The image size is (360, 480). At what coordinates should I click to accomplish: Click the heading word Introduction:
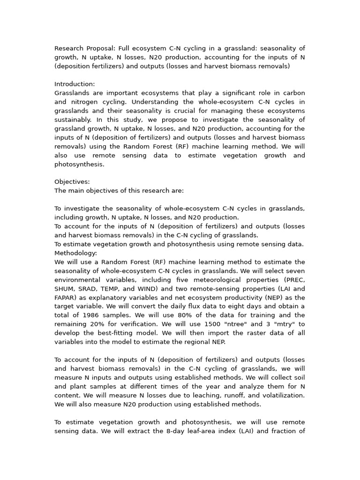pos(75,84)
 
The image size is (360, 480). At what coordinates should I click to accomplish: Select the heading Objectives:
pos(72,182)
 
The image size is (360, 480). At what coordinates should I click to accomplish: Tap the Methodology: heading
pos(76,253)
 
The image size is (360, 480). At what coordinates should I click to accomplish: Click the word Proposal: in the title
pos(100,48)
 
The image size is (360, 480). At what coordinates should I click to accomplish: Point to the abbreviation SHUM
pos(65,289)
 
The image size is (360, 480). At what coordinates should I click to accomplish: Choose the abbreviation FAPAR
pos(66,298)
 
